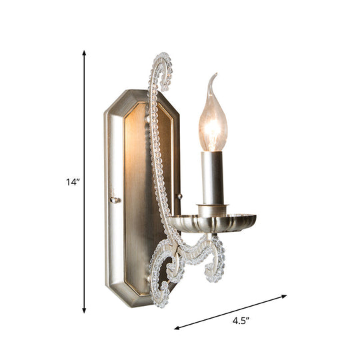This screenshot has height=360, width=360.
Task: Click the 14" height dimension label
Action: pos(72,181)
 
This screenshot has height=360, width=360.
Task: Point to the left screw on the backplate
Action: pos(115,199)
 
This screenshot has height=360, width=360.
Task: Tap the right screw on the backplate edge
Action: pos(178,195)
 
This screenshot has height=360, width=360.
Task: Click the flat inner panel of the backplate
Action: pos(137,200)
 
